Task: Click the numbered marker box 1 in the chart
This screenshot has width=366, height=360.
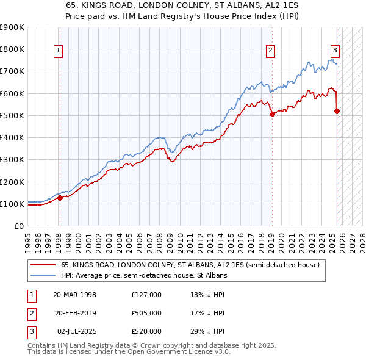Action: coord(59,51)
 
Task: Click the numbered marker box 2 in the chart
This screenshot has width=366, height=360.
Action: coord(270,51)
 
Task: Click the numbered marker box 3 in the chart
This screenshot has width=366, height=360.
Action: coord(335,51)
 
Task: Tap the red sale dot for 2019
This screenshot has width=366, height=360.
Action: coord(272,114)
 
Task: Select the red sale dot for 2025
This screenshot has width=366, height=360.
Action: coord(337,111)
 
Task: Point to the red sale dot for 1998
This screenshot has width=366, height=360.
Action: coord(60,198)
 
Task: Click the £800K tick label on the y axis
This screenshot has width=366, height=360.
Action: coord(12,49)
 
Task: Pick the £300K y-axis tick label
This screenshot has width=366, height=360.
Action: coord(12,160)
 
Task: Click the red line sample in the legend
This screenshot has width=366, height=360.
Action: coord(43,265)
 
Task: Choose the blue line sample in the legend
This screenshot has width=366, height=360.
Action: coord(43,276)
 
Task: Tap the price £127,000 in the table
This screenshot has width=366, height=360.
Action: coord(146,295)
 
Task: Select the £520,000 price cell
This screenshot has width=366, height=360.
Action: coord(146,331)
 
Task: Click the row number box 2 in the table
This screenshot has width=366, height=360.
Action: coord(30,313)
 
